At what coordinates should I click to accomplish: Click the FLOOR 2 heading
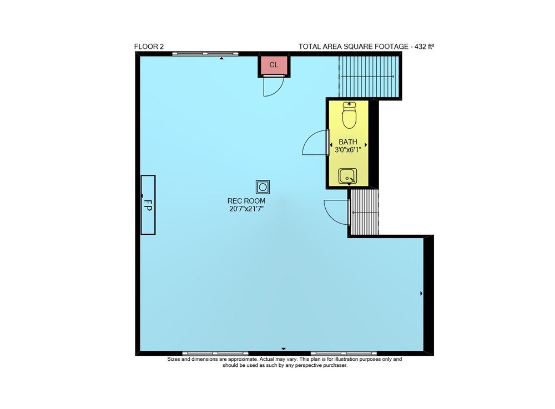pos(149,47)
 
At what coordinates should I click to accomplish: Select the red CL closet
pos(274,65)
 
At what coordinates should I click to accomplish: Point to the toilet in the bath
pos(349,115)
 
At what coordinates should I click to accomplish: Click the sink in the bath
pos(347,176)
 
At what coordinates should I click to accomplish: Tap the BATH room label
pos(348,142)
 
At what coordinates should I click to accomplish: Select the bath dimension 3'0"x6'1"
pos(348,150)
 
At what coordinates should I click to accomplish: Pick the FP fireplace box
pos(148,205)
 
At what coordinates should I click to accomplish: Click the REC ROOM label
pos(246,201)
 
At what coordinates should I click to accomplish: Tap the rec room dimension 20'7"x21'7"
pos(246,209)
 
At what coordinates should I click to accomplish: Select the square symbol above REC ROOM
pos(263,187)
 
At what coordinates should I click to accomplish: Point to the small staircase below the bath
pos(364,213)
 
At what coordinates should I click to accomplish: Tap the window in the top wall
pos(205,54)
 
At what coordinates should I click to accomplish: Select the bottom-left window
pos(215,353)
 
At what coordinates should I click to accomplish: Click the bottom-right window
pos(344,353)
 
